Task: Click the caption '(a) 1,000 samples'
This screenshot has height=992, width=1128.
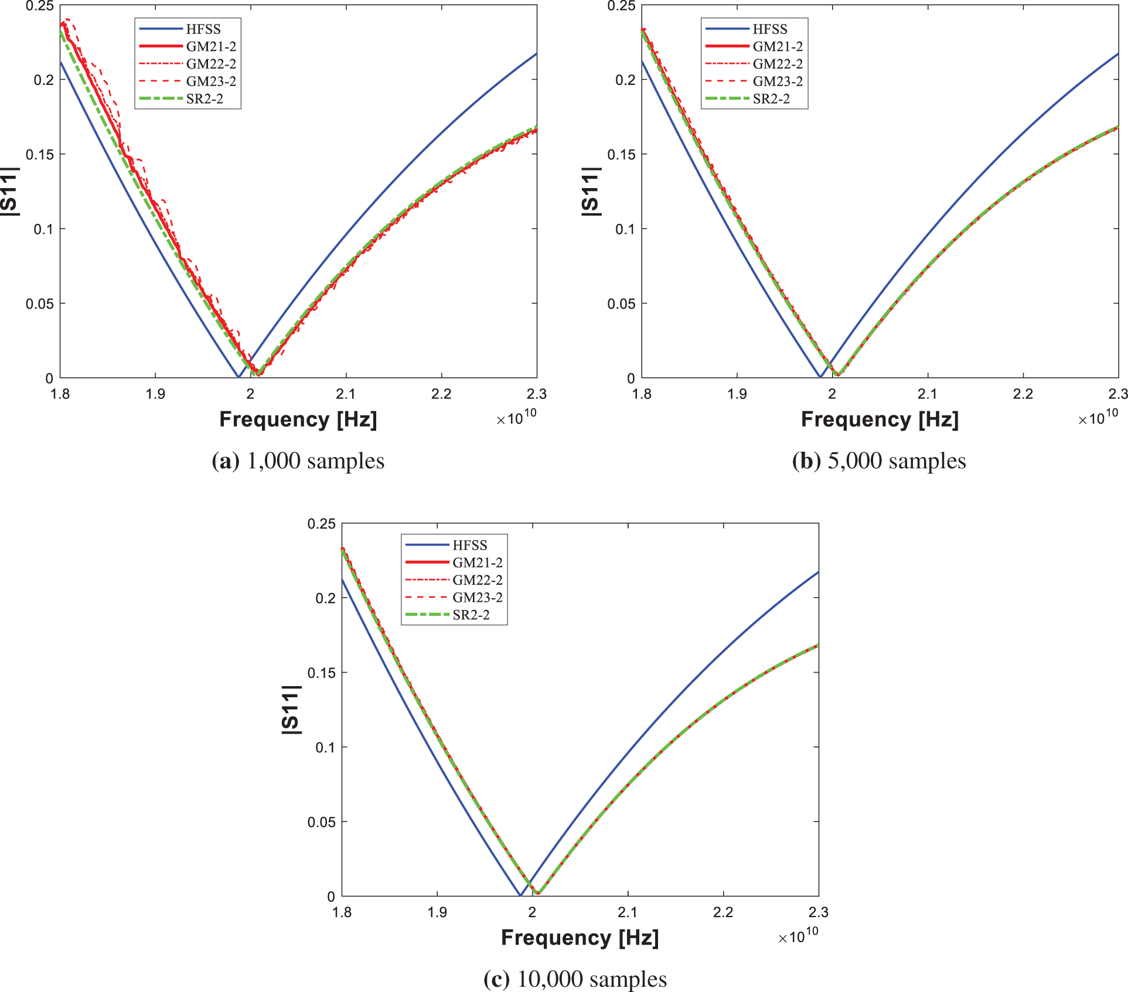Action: pyautogui.click(x=298, y=461)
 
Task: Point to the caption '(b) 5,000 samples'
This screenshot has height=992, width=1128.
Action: pyautogui.click(x=878, y=461)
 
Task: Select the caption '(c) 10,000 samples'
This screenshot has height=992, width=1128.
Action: pyautogui.click(x=575, y=979)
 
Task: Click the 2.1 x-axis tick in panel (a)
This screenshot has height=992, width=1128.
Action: pyautogui.click(x=346, y=394)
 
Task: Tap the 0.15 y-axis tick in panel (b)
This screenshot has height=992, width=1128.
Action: pyautogui.click(x=621, y=155)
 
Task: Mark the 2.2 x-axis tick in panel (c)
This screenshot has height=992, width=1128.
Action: pyautogui.click(x=723, y=912)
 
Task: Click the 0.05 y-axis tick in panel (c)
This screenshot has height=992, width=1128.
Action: pyautogui.click(x=321, y=822)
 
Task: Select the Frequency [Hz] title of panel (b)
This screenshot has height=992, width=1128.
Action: pyautogui.click(x=879, y=420)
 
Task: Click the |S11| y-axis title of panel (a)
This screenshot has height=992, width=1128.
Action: pyautogui.click(x=9, y=192)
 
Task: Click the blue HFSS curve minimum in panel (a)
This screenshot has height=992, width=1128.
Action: pyautogui.click(x=238, y=377)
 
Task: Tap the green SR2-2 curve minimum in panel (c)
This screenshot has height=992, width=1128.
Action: pyautogui.click(x=539, y=893)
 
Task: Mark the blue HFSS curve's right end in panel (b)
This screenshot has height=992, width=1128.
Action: pyautogui.click(x=1117, y=54)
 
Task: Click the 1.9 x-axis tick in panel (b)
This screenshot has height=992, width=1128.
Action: pyautogui.click(x=737, y=394)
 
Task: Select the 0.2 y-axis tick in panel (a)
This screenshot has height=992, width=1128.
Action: pyautogui.click(x=43, y=80)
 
